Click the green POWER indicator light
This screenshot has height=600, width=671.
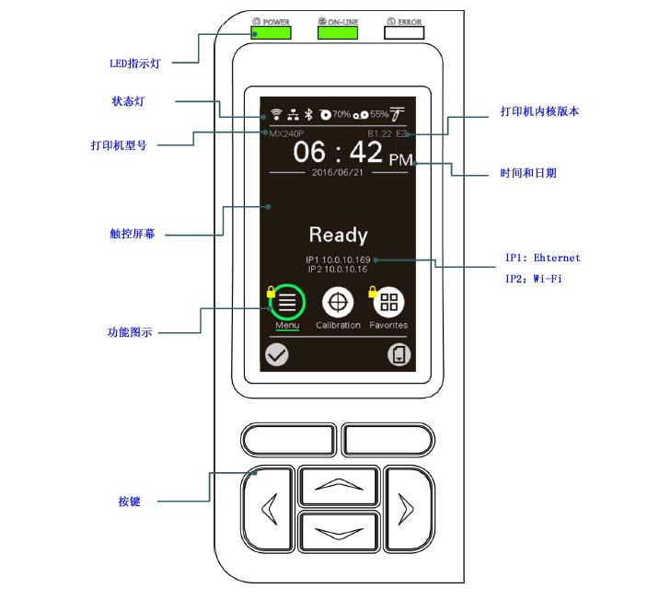pos(272,33)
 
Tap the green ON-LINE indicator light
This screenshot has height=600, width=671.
pos(338,33)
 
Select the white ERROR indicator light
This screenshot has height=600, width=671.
pos(404,33)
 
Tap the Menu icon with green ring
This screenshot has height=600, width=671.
pos(287,302)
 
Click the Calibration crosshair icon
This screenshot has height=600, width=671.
pos(338,302)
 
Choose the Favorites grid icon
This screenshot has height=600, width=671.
pos(388,302)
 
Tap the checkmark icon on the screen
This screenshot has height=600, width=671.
pos(276,355)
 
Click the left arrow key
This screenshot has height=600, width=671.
pos(268,508)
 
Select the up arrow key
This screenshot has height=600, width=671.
pos(338,486)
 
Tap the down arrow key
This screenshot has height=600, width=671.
pos(338,531)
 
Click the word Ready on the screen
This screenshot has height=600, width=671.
pos(338,236)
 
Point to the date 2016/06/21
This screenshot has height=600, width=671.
pos(338,172)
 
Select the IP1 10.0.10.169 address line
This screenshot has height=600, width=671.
pos(338,260)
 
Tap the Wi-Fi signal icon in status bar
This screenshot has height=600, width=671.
pos(274,114)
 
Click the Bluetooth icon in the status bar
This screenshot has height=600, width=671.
pos(309,114)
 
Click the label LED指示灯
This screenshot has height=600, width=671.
pos(136,64)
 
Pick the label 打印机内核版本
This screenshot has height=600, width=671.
pos(539,111)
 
